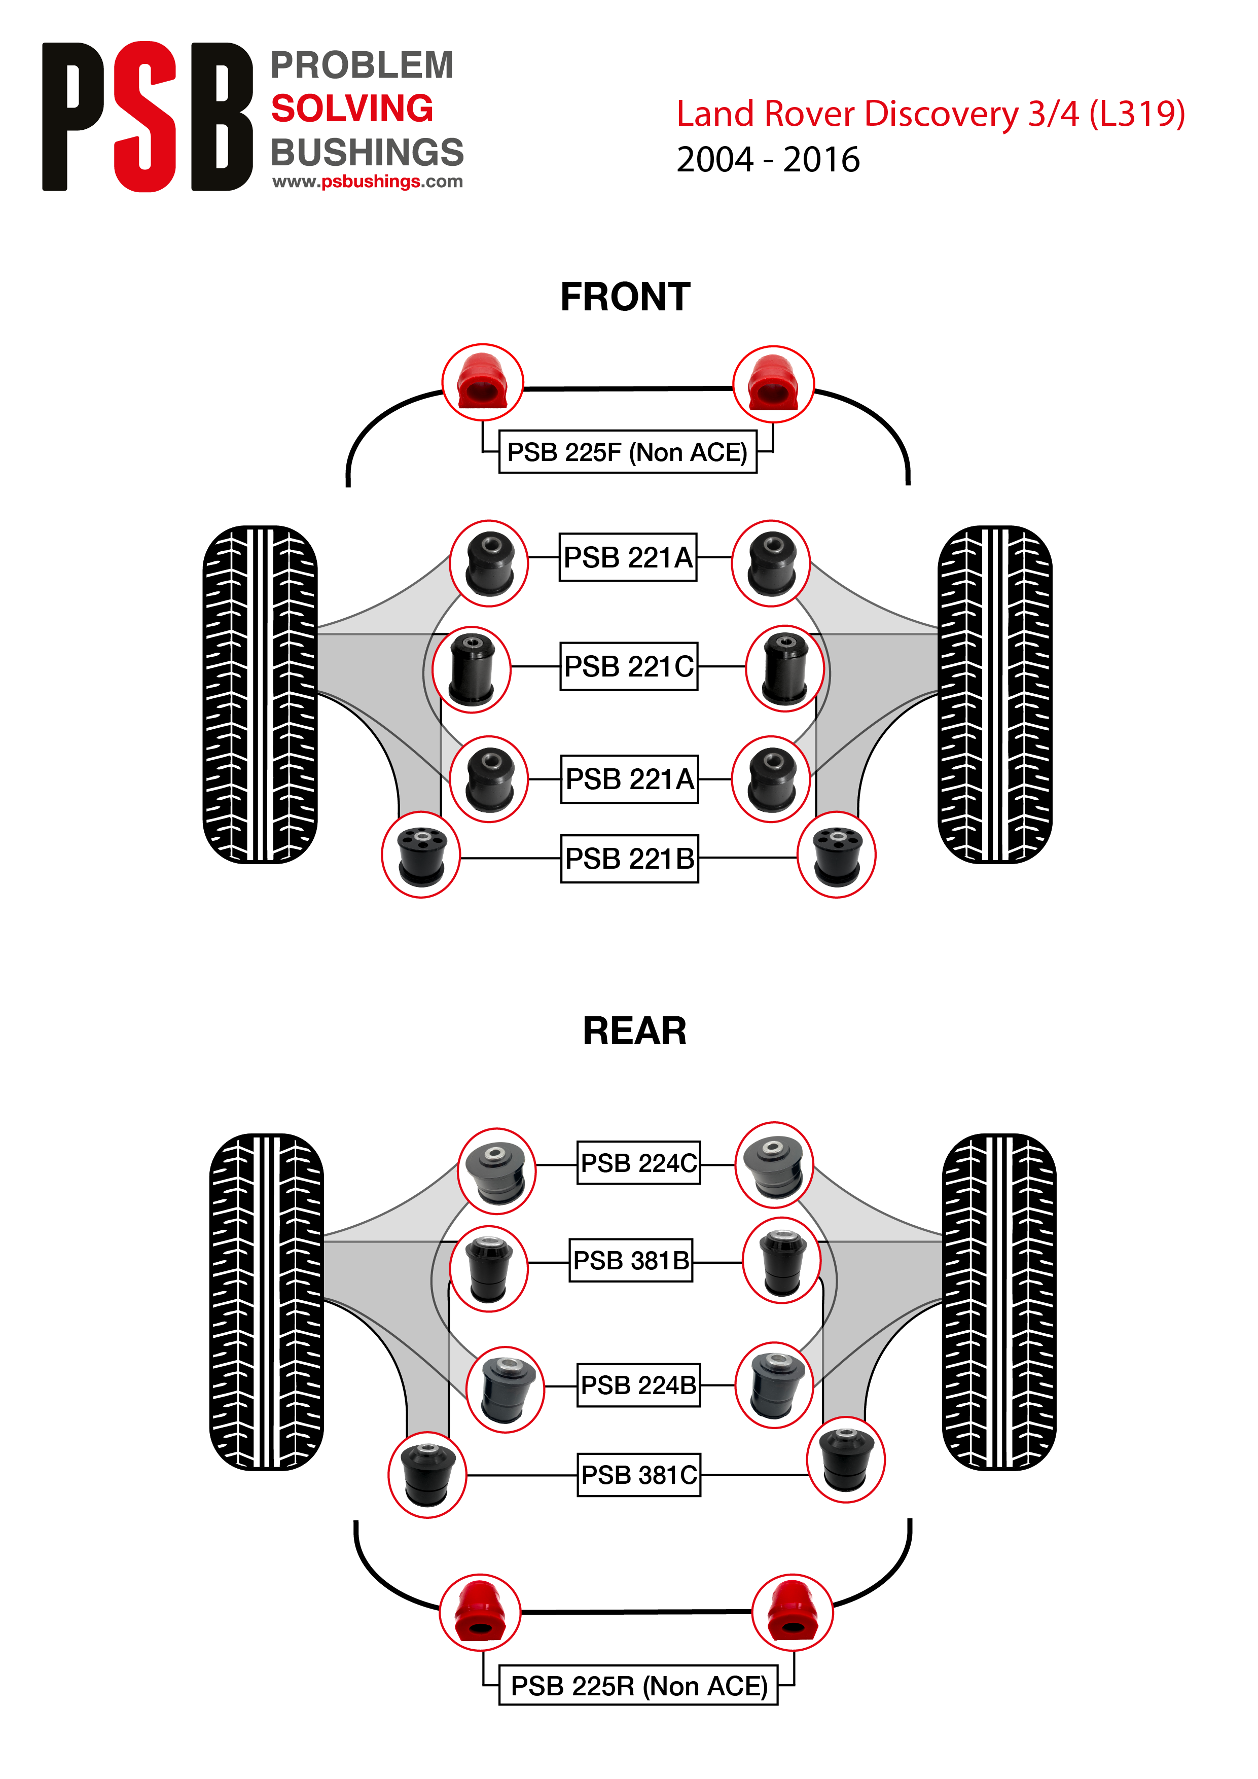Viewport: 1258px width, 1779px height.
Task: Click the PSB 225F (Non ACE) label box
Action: [627, 452]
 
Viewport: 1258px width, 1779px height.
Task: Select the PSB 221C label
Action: [629, 666]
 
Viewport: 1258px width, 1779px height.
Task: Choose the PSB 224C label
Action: [639, 1162]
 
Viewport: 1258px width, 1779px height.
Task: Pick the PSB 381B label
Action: [631, 1260]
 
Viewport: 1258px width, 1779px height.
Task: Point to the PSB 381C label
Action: [639, 1475]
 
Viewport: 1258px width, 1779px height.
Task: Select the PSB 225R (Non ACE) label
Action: [638, 1685]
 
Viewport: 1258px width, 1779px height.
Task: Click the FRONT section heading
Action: [625, 297]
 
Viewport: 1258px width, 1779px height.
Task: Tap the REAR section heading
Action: [634, 1031]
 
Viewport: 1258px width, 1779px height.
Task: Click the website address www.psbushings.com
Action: [367, 182]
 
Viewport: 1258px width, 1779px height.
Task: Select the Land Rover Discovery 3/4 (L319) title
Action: [930, 114]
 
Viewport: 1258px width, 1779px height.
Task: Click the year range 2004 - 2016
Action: [768, 160]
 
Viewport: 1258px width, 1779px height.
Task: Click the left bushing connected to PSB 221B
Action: [421, 855]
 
